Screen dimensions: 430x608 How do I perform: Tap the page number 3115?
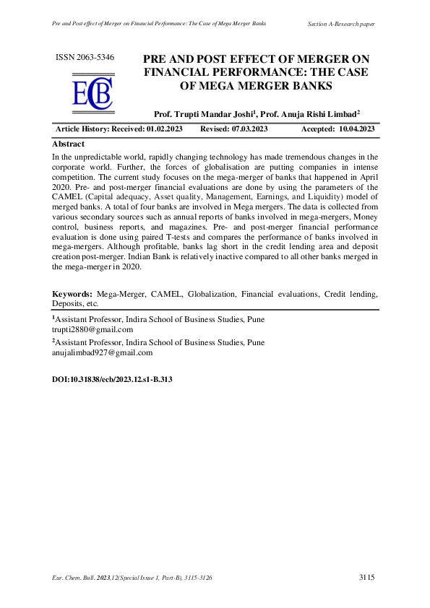[x=366, y=578]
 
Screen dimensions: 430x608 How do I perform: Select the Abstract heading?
[x=69, y=144]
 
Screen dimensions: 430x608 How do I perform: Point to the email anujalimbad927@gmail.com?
[x=102, y=353]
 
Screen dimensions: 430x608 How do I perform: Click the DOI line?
[x=112, y=378]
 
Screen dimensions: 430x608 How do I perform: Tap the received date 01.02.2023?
[x=164, y=129]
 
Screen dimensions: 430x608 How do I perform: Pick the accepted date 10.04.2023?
[x=356, y=129]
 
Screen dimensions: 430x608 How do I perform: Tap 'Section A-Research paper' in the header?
[x=341, y=24]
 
